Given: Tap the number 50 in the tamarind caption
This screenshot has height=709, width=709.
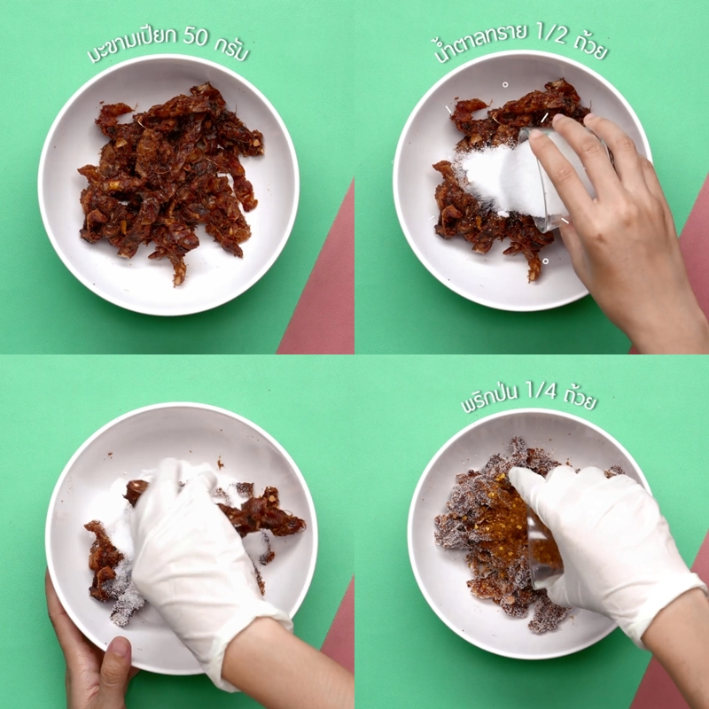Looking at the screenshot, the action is tap(195, 35).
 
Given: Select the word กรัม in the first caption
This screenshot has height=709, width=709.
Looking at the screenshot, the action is tap(231, 47).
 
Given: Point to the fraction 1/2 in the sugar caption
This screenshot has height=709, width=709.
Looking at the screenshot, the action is tap(549, 34).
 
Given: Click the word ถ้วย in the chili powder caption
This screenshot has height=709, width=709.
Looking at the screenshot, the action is tap(580, 397).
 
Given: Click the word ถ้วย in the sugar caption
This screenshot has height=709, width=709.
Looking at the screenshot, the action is tap(590, 45).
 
